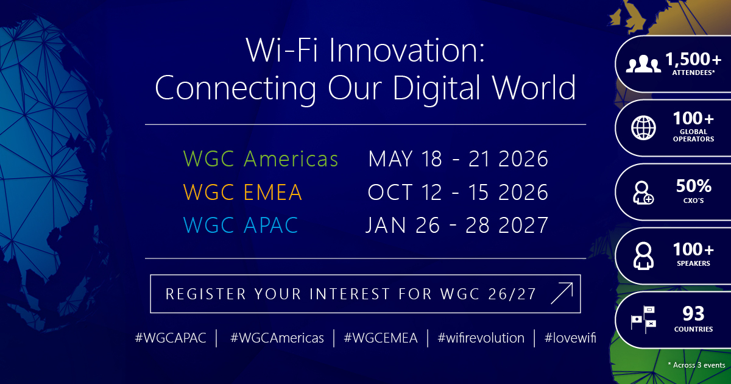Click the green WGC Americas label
pos(261,158)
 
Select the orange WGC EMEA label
pos(242,192)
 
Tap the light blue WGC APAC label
pos(241,225)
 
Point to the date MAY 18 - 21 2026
pos(458,158)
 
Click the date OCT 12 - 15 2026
pos(458,192)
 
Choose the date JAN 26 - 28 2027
pos(457,225)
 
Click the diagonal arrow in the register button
pos(562,293)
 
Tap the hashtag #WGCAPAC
pos(171,338)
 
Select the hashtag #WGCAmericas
pos(277,338)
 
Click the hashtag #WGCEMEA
pos(381,338)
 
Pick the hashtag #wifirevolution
pos(481,338)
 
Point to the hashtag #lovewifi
pos(570,338)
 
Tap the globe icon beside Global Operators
pos(643,127)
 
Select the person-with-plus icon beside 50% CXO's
pos(643,193)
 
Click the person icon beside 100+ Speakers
pos(643,256)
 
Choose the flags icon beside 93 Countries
pos(643,319)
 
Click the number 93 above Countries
pos(693,314)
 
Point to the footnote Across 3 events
pos(696,365)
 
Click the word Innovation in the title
pos(407,50)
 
